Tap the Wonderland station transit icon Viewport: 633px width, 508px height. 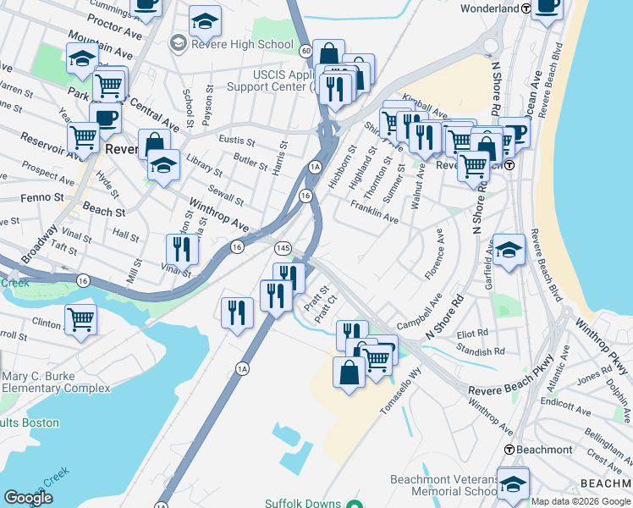click(526, 8)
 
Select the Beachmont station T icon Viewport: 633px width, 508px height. click(510, 450)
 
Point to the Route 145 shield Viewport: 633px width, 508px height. click(283, 246)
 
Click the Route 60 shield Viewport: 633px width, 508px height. click(305, 50)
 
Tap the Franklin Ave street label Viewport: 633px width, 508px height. click(374, 213)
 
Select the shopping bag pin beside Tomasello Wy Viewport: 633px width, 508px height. click(350, 373)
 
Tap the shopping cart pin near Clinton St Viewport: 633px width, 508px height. click(80, 320)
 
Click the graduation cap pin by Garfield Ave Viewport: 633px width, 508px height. click(508, 250)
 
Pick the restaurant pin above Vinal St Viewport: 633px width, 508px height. click(182, 249)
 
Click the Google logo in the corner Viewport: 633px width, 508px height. click(28, 498)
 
